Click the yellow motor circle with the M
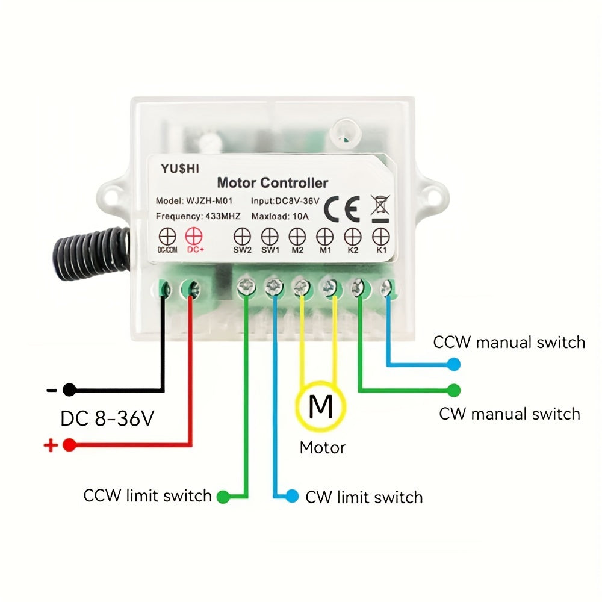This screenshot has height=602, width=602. (x=320, y=406)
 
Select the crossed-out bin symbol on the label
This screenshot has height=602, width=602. (x=379, y=205)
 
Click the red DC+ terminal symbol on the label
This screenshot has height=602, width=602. (x=193, y=235)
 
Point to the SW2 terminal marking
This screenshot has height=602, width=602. (x=242, y=235)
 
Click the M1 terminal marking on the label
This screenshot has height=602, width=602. (x=325, y=235)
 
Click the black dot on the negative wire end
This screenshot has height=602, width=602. (x=70, y=389)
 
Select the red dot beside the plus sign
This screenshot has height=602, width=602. (x=70, y=445)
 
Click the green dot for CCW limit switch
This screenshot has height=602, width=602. (x=223, y=497)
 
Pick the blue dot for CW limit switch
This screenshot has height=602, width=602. (x=292, y=497)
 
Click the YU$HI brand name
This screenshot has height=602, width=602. (x=179, y=169)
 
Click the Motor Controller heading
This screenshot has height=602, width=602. (x=272, y=182)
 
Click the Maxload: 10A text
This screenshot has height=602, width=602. (x=279, y=216)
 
